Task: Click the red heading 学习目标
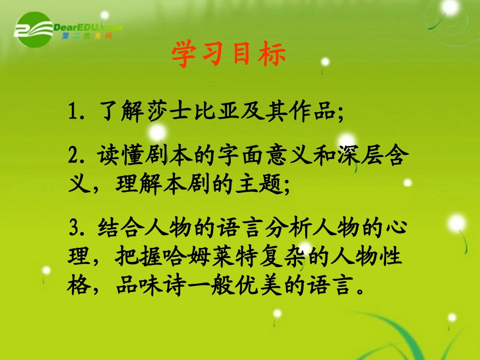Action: [x=228, y=55]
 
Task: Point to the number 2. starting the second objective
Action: [x=77, y=158]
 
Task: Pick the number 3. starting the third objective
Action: [x=77, y=227]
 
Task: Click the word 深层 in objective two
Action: [x=360, y=158]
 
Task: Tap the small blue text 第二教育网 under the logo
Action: [x=86, y=36]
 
